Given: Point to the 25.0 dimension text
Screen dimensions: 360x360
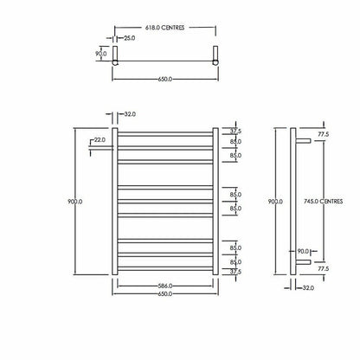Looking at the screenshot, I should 128,39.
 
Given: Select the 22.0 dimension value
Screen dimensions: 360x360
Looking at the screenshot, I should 100,140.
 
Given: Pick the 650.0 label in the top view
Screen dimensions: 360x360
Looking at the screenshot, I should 163,79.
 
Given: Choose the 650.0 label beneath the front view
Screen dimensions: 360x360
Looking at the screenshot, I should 163,294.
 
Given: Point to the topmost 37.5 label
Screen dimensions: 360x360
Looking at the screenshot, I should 235,132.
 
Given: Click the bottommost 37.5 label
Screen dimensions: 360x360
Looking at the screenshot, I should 235,271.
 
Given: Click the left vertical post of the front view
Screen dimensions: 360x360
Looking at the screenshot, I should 113,201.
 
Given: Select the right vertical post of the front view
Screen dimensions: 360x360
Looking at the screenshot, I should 214,201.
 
